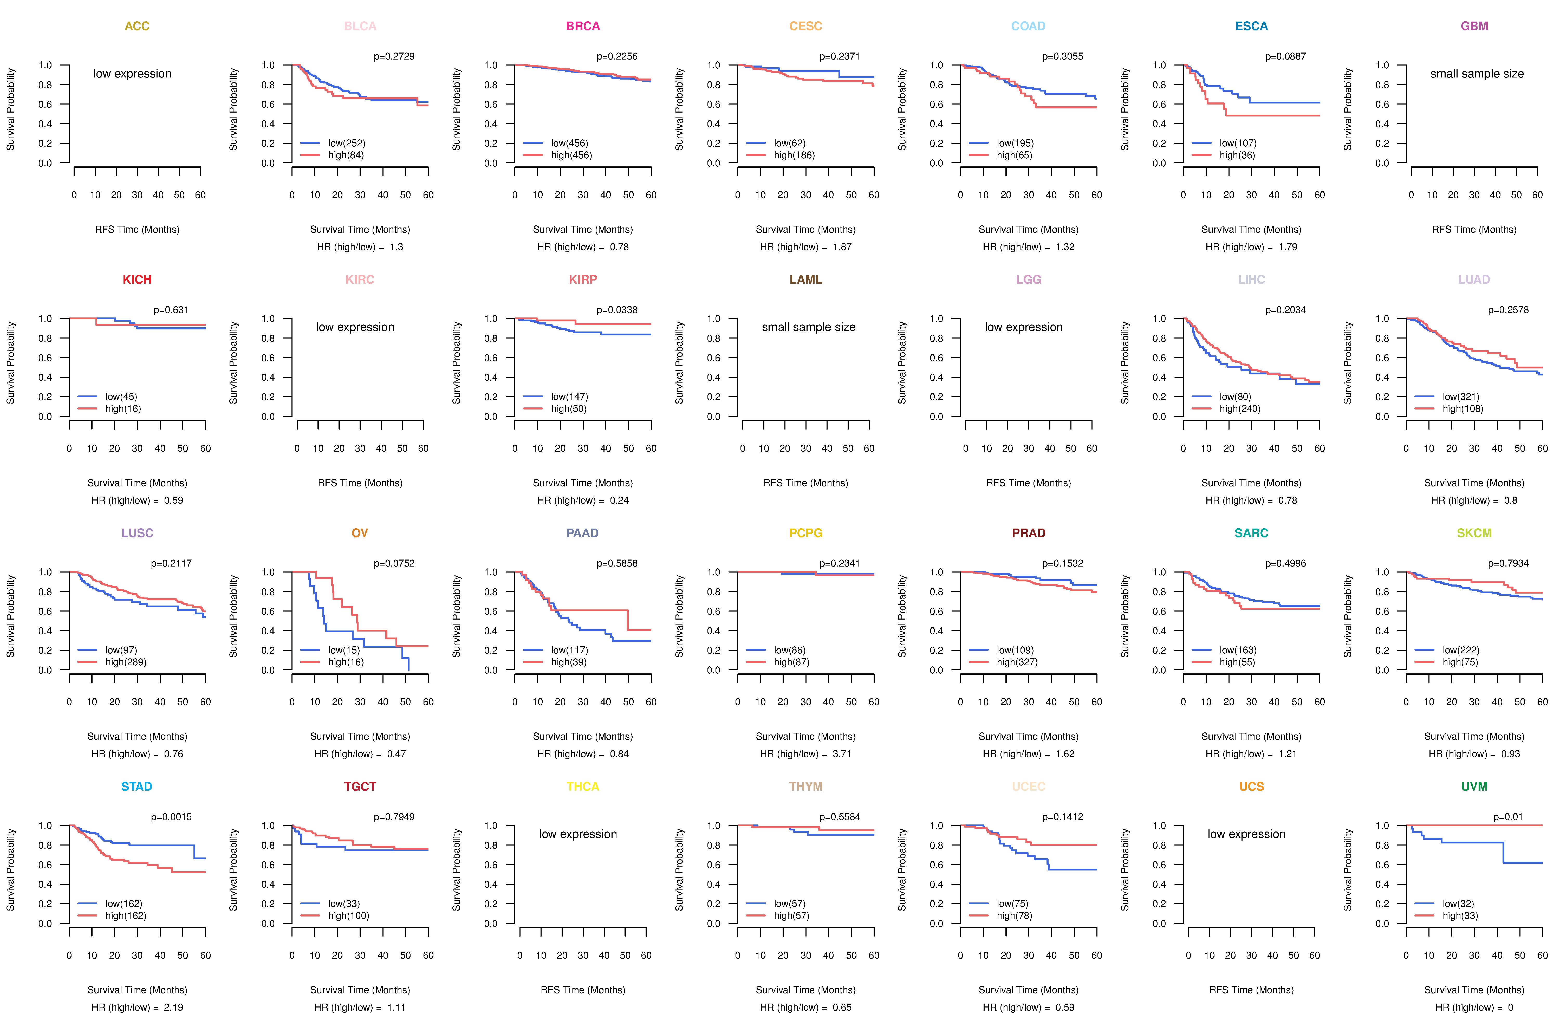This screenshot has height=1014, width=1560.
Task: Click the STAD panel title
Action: (136, 786)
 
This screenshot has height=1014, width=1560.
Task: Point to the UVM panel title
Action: (1474, 786)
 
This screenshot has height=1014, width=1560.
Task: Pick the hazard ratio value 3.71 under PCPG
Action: (842, 754)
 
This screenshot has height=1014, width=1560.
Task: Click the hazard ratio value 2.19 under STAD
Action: (173, 1007)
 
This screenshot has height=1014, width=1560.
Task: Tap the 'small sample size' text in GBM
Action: (1477, 73)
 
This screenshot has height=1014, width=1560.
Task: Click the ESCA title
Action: (1251, 26)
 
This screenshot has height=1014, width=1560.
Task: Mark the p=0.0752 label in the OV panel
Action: (394, 564)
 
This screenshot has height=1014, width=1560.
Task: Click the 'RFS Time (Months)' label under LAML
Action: (805, 483)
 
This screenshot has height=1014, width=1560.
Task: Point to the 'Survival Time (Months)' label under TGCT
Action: (360, 990)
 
